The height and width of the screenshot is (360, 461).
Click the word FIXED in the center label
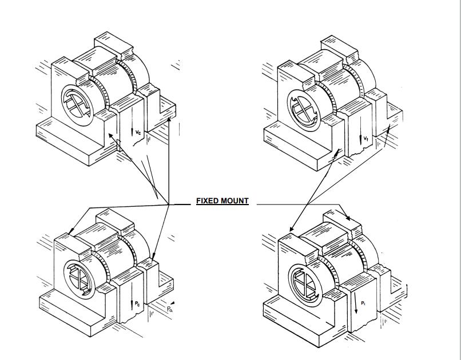click(208, 201)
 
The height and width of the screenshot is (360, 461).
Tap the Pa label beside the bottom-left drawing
click(170, 309)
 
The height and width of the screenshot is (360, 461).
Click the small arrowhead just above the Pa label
click(171, 301)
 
